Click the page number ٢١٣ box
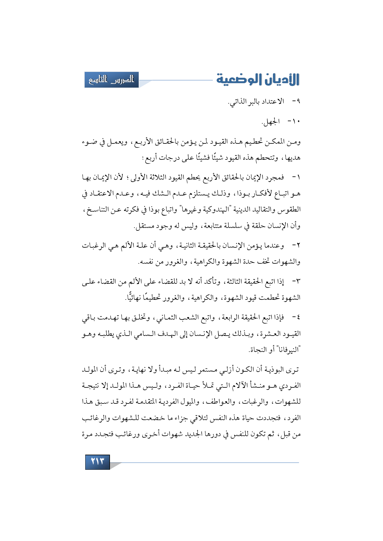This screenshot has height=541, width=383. click(97, 462)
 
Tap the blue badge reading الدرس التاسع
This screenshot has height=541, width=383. click(112, 80)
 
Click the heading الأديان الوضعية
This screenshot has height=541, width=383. click(258, 79)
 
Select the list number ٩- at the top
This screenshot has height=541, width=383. click(296, 101)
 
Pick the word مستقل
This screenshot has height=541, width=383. click(144, 226)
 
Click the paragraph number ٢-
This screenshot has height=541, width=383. click(296, 246)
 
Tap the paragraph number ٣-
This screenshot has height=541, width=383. click(296, 281)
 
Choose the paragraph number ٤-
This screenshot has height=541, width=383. click(296, 317)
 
